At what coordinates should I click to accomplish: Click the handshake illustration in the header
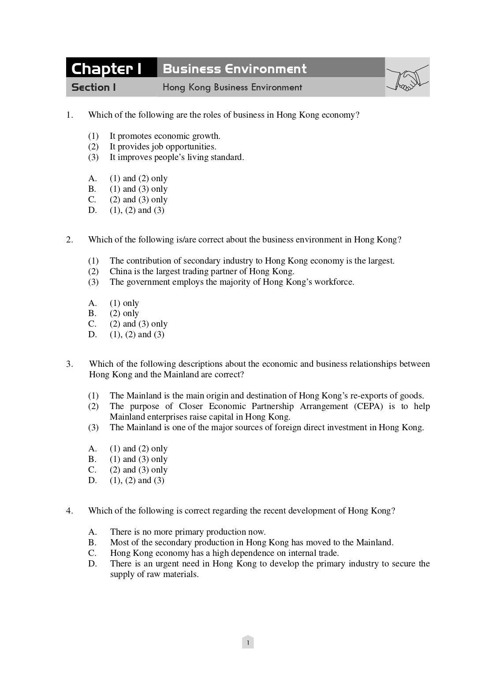407,78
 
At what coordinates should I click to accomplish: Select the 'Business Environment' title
234,69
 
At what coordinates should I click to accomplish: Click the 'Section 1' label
93,87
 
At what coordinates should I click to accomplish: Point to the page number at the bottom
248,643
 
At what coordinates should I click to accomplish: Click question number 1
69,115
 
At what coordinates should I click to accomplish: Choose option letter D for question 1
92,210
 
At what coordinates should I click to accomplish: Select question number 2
69,240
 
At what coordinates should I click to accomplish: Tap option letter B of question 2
92,313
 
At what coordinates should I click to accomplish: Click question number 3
69,364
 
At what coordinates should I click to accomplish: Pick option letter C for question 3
92,470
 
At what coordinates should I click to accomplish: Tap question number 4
69,511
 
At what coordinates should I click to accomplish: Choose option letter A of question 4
92,532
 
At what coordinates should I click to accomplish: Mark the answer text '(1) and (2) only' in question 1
138,179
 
